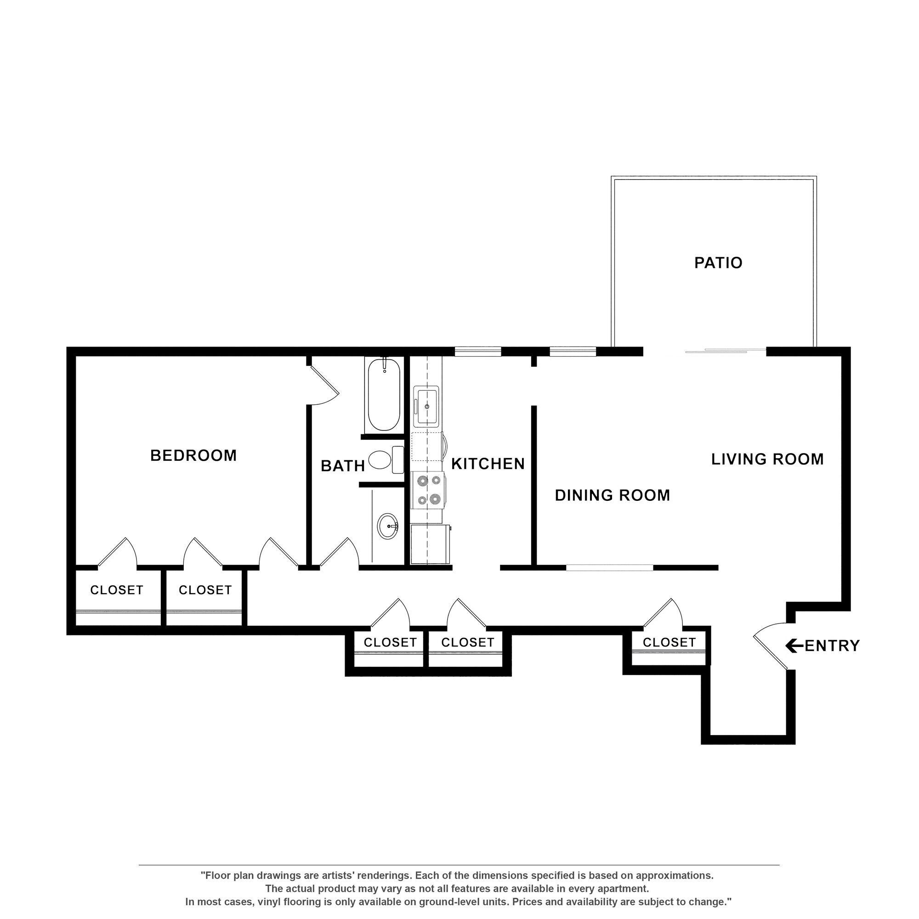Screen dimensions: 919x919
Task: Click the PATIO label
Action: (x=718, y=263)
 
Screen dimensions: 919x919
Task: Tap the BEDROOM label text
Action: (x=193, y=456)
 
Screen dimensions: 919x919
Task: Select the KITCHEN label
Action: (x=488, y=464)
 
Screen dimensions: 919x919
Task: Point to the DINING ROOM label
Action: (x=612, y=496)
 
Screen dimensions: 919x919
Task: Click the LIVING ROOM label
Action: (x=767, y=459)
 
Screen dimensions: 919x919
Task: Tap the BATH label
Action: (x=342, y=466)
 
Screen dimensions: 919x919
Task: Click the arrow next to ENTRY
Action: (x=794, y=646)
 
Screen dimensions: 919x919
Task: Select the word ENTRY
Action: (x=833, y=646)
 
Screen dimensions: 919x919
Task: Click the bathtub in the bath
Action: (x=384, y=395)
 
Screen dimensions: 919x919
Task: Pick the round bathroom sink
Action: (x=388, y=526)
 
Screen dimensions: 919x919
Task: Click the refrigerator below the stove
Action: (x=430, y=544)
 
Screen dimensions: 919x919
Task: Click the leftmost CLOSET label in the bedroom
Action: (x=117, y=590)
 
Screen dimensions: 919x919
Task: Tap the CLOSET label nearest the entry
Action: (x=669, y=643)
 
